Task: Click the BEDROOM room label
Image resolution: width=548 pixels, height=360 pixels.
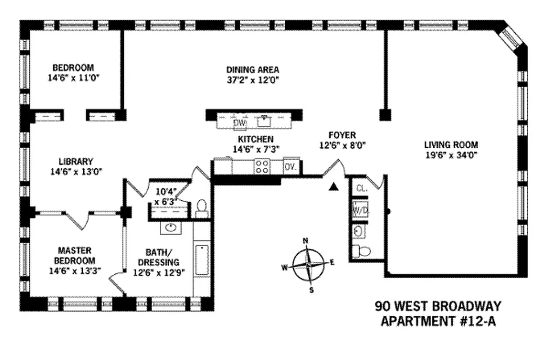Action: coord(73,68)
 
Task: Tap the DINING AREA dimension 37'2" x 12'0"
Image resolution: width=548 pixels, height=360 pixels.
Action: coord(252,82)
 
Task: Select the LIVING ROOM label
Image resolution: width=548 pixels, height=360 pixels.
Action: coord(451,145)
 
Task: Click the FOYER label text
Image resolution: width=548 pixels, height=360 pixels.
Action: coord(342,135)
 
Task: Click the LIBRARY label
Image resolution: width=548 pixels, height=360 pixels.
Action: coord(76,161)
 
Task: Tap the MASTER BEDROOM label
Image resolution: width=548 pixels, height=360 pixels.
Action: coord(75,255)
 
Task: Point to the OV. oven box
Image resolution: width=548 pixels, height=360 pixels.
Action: coord(290,167)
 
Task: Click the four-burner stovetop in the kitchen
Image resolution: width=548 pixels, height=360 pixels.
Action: coord(262,167)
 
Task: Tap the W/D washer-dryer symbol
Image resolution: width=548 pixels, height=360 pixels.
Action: coord(359,210)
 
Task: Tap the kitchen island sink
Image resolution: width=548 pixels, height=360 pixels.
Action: coord(264,121)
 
